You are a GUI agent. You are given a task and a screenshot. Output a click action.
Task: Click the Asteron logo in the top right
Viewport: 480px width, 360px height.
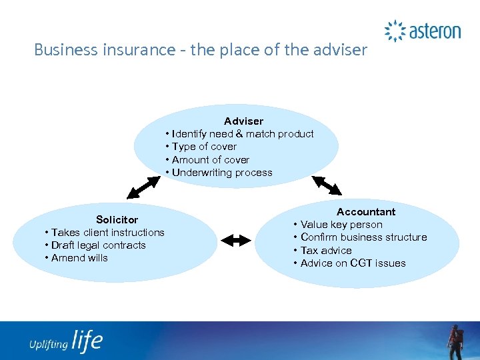click(x=423, y=31)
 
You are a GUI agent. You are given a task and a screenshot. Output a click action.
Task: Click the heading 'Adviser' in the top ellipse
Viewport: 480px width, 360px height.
click(x=243, y=121)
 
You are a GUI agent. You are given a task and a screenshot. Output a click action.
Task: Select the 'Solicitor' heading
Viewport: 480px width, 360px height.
click(x=117, y=219)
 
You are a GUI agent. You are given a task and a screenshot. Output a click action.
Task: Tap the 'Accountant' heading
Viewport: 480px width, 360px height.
click(x=365, y=211)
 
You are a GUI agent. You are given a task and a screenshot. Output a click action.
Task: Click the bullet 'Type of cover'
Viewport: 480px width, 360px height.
click(x=204, y=146)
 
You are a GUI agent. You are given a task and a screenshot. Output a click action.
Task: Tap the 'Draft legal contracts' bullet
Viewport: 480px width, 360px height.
click(x=98, y=245)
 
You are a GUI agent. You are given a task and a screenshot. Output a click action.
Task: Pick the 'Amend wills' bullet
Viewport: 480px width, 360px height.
click(x=79, y=257)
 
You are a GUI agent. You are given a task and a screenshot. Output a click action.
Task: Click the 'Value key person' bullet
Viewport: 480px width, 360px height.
click(x=341, y=225)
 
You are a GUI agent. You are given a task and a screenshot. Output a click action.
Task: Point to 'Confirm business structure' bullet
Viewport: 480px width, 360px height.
click(x=363, y=237)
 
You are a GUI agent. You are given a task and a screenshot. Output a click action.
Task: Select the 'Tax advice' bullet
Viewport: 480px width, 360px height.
click(x=326, y=250)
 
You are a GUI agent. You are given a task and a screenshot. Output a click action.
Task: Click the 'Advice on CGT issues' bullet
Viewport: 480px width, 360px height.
click(x=353, y=263)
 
